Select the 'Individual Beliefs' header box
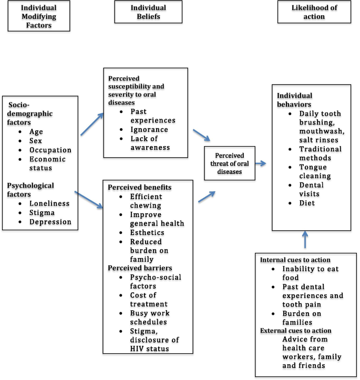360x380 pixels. click(148, 12)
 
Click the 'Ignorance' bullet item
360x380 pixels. click(150, 129)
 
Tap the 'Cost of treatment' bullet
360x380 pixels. click(149, 300)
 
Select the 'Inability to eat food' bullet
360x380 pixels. click(310, 273)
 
